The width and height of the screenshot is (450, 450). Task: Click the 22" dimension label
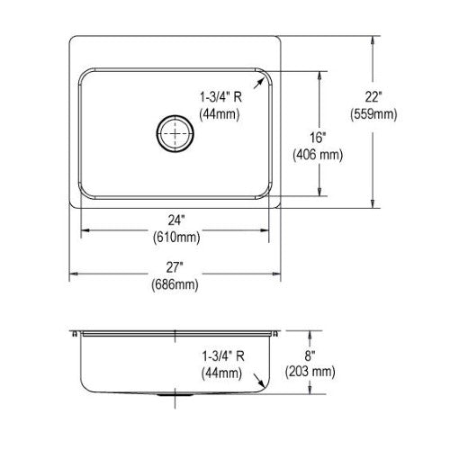click(373, 97)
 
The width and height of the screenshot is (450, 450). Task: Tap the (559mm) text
click(373, 114)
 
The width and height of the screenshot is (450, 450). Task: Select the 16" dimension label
click(318, 138)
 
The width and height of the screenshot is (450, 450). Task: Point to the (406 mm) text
click(318, 155)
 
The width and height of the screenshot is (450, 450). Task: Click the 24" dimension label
click(175, 220)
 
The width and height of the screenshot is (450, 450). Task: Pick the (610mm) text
click(176, 238)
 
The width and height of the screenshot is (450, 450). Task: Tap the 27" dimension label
click(175, 267)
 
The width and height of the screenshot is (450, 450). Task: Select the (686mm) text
click(175, 284)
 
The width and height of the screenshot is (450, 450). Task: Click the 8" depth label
click(310, 355)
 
